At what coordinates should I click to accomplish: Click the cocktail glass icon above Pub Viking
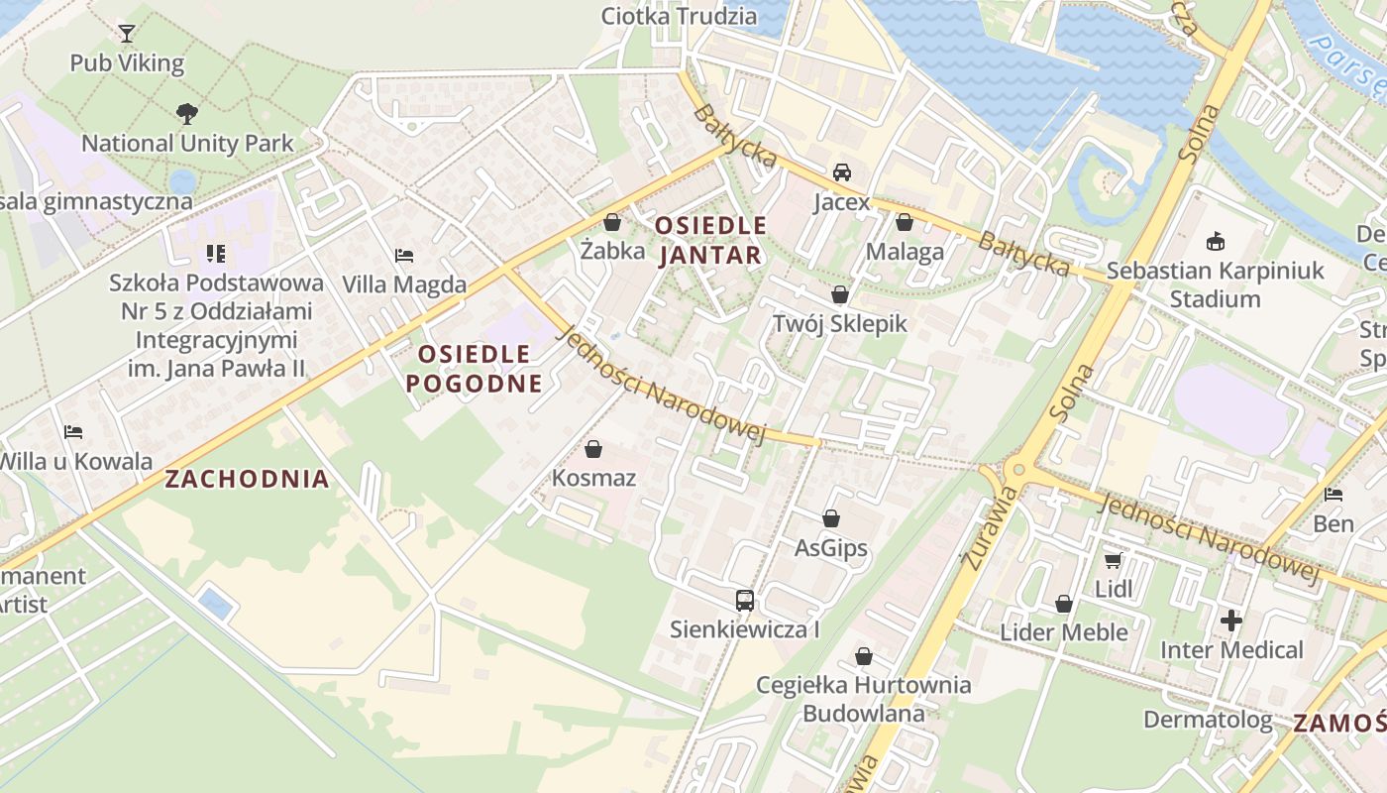click(127, 34)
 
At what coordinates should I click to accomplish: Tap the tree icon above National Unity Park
click(186, 114)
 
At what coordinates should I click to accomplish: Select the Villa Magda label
click(404, 284)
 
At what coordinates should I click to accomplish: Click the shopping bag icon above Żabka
click(612, 222)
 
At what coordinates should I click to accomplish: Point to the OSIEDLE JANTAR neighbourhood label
click(710, 241)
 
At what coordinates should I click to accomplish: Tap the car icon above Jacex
click(842, 172)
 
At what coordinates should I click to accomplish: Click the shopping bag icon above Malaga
click(905, 222)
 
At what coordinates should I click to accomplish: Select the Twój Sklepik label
click(839, 323)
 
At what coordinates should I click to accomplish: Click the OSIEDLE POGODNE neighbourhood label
click(474, 369)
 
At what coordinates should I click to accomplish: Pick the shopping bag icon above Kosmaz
click(593, 449)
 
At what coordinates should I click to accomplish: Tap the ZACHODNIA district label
click(247, 480)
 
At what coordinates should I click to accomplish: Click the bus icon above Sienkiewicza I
click(745, 600)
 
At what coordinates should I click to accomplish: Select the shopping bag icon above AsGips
click(831, 518)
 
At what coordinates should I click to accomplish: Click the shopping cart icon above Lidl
click(1114, 561)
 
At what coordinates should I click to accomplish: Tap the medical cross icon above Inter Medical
click(1231, 622)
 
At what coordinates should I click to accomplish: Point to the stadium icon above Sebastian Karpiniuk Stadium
click(1216, 241)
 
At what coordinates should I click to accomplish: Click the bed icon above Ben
click(1334, 495)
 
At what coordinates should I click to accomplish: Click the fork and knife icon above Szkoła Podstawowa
click(216, 254)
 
